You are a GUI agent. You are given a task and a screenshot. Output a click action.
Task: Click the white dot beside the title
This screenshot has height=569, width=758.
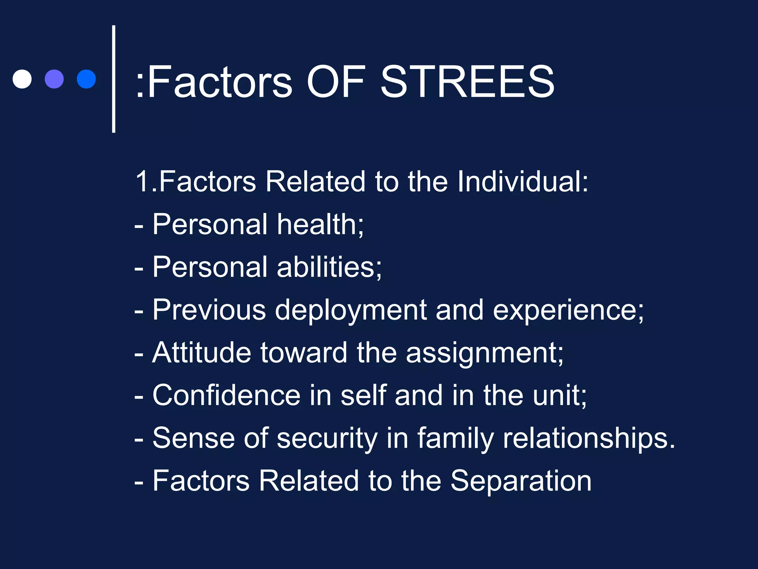(x=22, y=79)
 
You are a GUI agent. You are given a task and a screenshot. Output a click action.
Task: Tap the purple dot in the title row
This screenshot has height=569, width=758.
(x=54, y=79)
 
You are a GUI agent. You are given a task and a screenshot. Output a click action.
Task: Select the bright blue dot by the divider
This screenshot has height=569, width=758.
(x=86, y=79)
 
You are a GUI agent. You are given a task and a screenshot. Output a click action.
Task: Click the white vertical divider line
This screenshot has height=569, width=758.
(x=114, y=79)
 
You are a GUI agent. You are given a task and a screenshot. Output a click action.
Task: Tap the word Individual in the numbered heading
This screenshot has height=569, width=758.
(x=522, y=182)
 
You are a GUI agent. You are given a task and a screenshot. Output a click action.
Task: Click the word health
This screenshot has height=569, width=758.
(x=320, y=224)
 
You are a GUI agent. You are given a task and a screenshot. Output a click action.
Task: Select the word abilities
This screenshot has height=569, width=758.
(x=329, y=267)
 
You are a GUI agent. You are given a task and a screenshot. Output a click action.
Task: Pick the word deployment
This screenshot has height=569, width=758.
(x=351, y=310)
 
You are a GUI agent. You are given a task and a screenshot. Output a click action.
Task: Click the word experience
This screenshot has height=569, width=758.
(x=568, y=310)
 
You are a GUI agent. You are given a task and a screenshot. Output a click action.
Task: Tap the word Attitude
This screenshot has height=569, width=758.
(x=202, y=352)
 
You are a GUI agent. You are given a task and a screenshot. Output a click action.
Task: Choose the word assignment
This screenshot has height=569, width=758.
(x=484, y=353)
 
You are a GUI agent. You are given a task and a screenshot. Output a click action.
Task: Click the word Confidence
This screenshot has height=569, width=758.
(x=226, y=395)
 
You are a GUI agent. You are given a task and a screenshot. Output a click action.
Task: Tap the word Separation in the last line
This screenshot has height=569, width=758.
(x=521, y=481)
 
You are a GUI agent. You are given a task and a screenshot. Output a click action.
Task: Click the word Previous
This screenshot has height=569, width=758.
(x=209, y=310)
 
